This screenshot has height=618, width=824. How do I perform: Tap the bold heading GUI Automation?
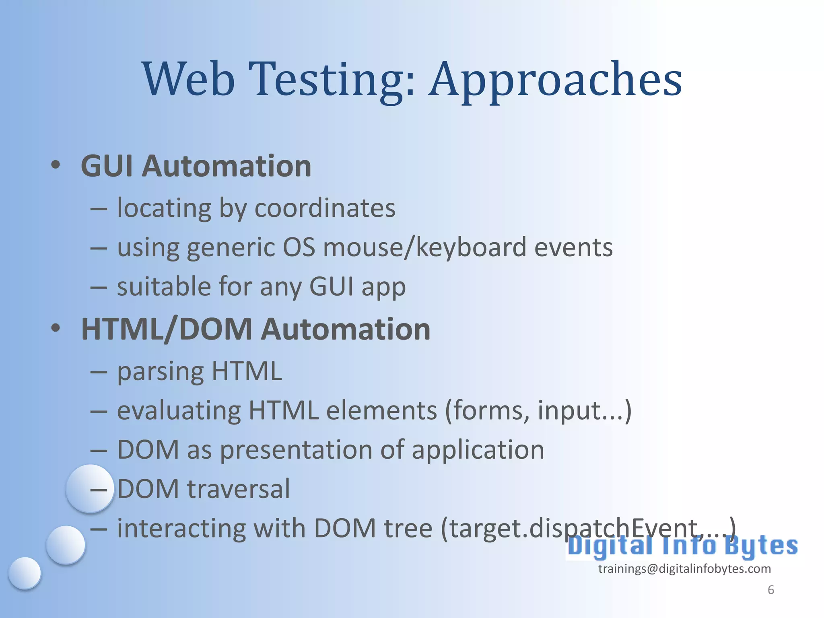click(x=196, y=166)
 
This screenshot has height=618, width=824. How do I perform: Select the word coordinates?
click(x=325, y=208)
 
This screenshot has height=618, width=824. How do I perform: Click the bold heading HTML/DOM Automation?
click(x=255, y=329)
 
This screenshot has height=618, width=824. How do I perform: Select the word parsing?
click(x=161, y=372)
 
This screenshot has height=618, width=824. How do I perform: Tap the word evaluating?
click(x=179, y=411)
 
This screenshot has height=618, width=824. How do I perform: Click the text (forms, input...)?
click(x=538, y=411)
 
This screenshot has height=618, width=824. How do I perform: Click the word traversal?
click(x=238, y=489)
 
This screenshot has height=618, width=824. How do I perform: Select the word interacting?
click(x=181, y=528)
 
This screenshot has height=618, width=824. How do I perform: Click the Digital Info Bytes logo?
click(x=682, y=546)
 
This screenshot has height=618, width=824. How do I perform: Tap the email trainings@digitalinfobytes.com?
click(x=684, y=569)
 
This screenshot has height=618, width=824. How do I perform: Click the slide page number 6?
click(x=770, y=590)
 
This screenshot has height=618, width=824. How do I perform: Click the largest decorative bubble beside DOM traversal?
click(x=89, y=488)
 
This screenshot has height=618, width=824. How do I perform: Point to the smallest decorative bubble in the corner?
click(x=25, y=573)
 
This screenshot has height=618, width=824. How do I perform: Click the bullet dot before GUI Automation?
click(x=56, y=165)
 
